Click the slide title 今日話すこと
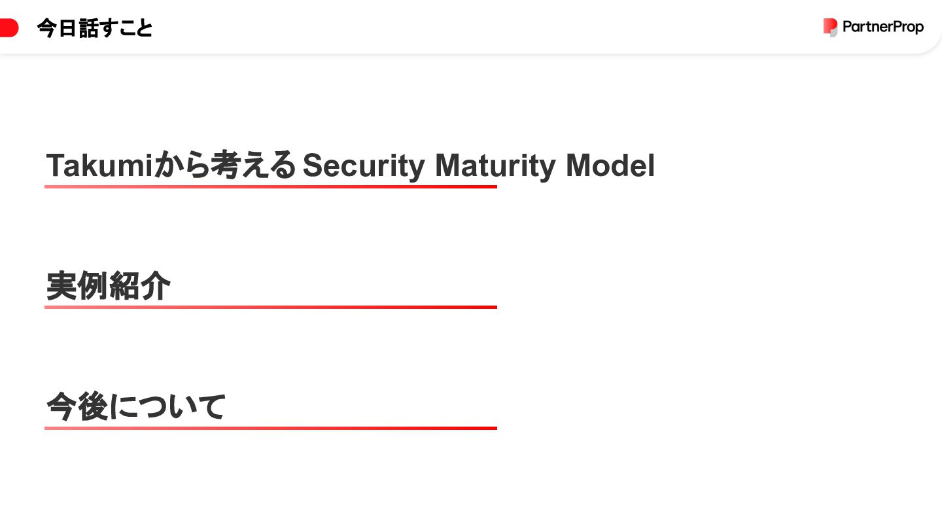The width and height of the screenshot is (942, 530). point(95,28)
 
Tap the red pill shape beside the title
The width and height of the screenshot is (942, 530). point(9,28)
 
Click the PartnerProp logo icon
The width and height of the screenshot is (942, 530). point(830,27)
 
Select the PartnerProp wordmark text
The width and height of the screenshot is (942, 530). point(883,27)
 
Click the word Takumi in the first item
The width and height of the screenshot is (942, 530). point(99,166)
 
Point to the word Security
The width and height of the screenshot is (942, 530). point(364,166)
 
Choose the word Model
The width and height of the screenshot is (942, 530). point(610,166)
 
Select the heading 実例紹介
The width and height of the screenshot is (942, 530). point(108,286)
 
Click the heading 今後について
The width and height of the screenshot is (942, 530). point(136,407)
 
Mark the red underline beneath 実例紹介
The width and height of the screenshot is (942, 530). point(271,307)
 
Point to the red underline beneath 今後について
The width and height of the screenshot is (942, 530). point(271,428)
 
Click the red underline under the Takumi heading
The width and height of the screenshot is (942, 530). point(271,187)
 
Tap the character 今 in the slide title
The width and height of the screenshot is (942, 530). point(47,28)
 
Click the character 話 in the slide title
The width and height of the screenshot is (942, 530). point(87,28)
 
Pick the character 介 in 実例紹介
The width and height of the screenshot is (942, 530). point(156,286)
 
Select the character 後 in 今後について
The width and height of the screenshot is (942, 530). point(93,407)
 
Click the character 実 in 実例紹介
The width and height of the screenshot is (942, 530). point(61,286)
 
